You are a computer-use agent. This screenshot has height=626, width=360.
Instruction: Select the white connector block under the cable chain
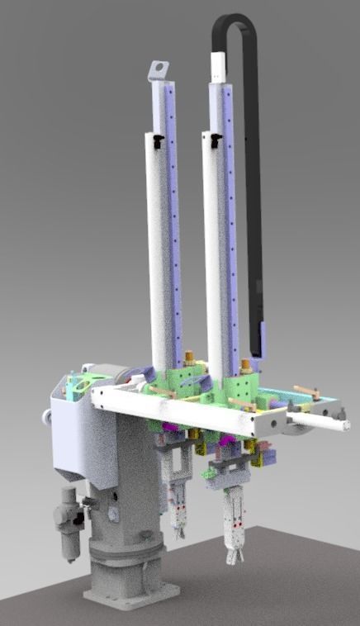(219, 65)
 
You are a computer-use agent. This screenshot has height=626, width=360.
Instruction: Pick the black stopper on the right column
(215, 141)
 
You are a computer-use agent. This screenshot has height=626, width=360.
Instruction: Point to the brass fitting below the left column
(189, 358)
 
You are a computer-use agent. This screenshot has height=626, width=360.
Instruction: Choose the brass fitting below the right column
(245, 364)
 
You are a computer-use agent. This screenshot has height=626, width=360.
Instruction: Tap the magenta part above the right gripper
(225, 450)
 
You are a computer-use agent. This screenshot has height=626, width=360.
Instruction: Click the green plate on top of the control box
(83, 384)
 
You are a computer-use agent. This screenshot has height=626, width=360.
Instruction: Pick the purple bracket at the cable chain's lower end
(261, 339)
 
